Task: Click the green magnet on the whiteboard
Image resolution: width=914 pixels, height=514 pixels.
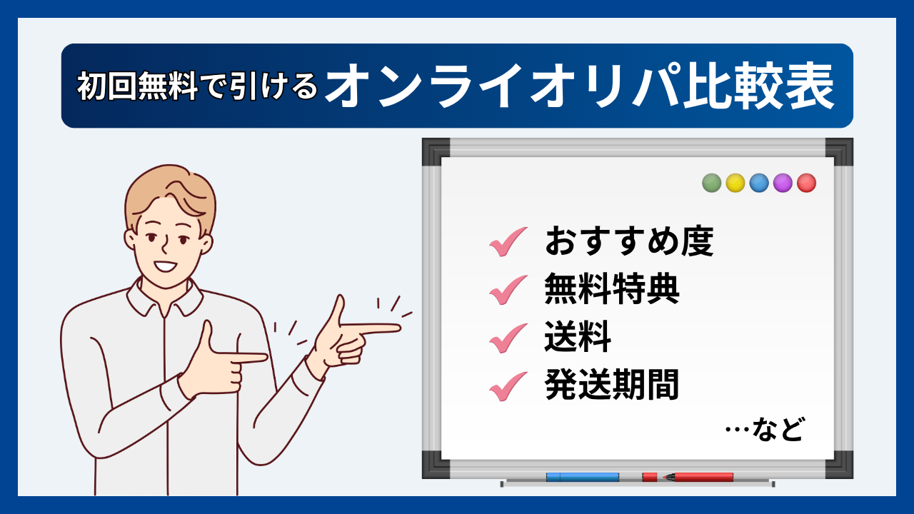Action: tap(711, 183)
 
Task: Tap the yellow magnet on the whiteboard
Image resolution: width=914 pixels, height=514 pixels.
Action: tap(735, 183)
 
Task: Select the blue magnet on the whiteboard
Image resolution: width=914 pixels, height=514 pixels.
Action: tap(759, 183)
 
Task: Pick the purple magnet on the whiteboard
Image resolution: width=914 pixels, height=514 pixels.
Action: tap(783, 183)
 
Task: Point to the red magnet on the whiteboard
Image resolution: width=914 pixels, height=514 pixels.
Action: tap(807, 183)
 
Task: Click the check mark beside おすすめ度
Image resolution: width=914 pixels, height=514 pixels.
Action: tap(508, 242)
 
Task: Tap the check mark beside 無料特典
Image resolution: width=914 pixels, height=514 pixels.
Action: tap(508, 290)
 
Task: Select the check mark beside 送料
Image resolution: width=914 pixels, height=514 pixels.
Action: tap(508, 338)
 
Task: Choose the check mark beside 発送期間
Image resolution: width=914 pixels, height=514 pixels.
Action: tap(508, 386)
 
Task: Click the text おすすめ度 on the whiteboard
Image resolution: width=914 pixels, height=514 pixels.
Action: tap(629, 241)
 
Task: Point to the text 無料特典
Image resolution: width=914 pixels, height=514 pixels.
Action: tap(611, 290)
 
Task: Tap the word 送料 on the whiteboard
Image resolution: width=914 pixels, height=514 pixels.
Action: tap(578, 338)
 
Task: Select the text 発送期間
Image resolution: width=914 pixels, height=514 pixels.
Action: tap(611, 386)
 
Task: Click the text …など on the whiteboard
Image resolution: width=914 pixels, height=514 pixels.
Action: tap(764, 430)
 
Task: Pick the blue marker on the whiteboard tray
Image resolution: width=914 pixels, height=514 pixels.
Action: tap(583, 477)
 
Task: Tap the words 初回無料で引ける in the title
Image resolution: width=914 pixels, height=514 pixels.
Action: tap(197, 87)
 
